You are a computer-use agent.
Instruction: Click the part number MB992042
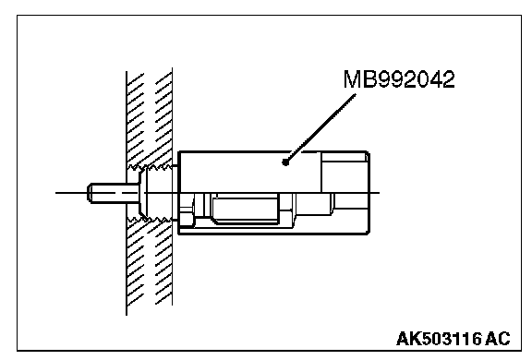(x=399, y=79)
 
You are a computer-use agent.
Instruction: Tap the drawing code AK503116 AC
(x=453, y=338)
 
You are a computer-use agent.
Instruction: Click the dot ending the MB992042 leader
(x=285, y=162)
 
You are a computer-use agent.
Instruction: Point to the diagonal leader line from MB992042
(x=320, y=128)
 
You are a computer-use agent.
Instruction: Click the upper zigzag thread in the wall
(x=150, y=167)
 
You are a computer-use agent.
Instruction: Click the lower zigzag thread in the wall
(x=150, y=221)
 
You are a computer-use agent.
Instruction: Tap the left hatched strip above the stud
(x=136, y=119)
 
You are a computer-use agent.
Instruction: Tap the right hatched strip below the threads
(x=163, y=264)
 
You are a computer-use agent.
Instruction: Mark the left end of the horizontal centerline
(x=56, y=193)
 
